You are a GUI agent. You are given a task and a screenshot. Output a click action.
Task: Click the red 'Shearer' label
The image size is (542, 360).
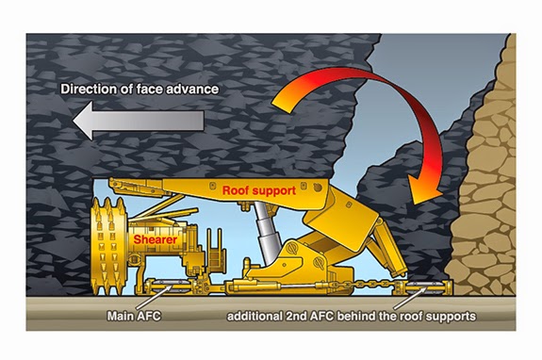pyautogui.click(x=154, y=239)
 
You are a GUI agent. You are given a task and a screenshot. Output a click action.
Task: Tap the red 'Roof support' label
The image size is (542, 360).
pyautogui.click(x=259, y=190)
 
